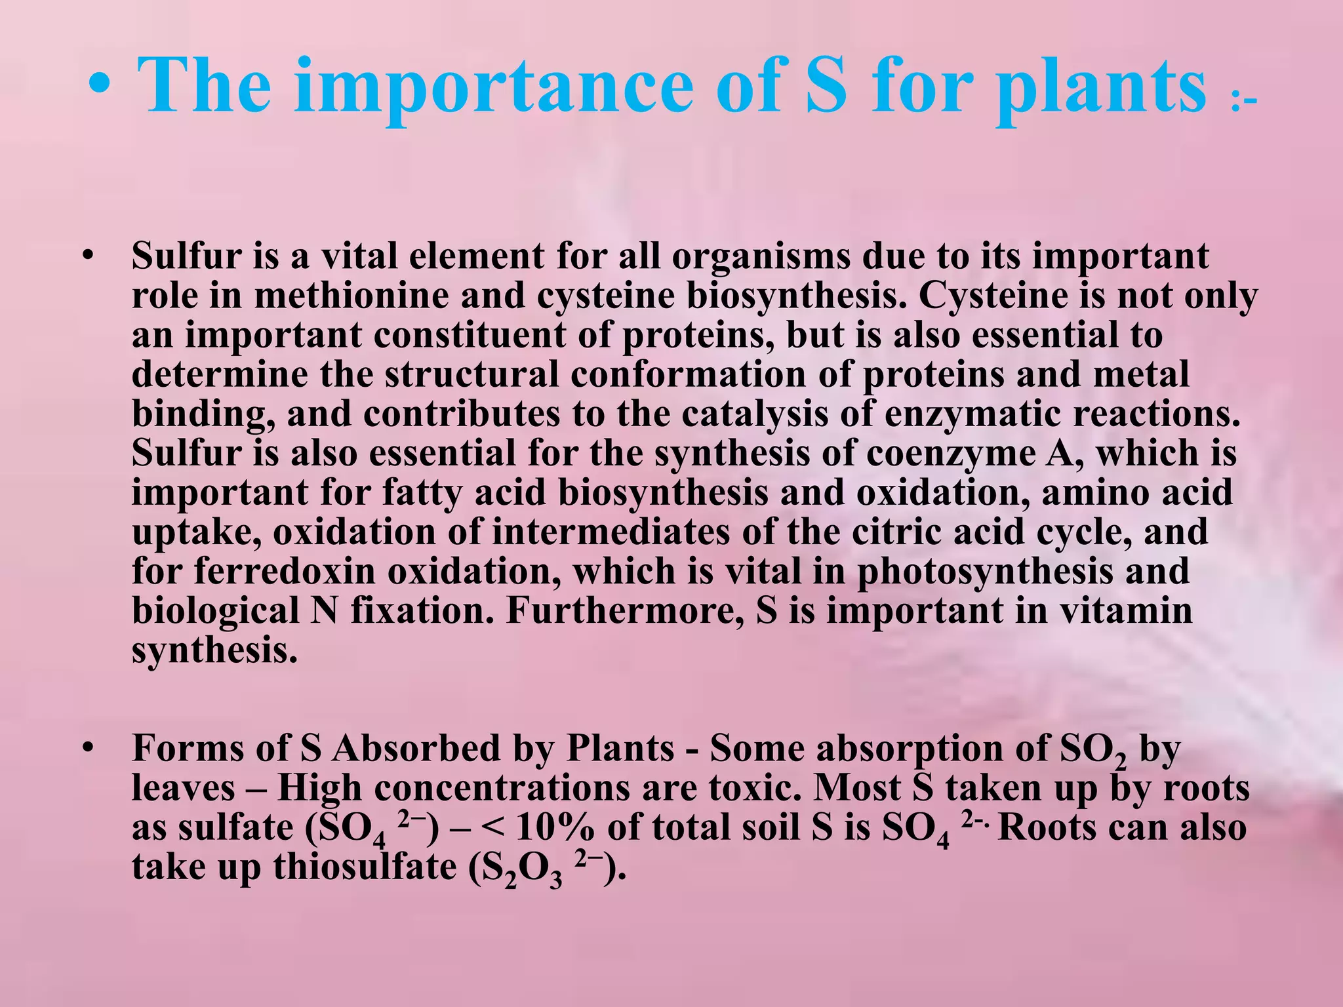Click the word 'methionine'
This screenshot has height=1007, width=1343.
[390, 296]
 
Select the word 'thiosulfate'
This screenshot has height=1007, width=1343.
[365, 867]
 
